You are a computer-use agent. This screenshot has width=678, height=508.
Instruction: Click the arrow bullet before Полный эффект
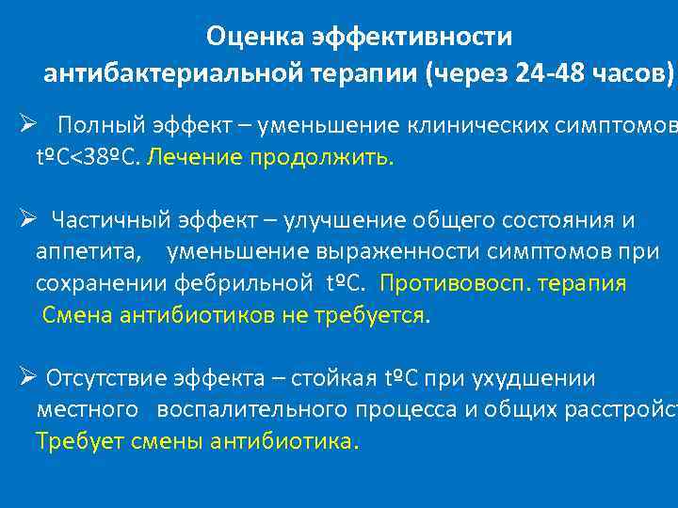tap(28, 124)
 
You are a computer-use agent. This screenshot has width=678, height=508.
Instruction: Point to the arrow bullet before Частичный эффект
tap(28, 220)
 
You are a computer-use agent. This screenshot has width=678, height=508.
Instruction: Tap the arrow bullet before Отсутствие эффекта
tap(28, 378)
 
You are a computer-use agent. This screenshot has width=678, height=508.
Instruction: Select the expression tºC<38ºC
tap(88, 157)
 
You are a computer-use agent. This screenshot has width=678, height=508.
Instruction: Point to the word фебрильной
tap(254, 283)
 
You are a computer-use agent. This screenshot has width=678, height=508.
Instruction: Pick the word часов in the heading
tap(632, 74)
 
